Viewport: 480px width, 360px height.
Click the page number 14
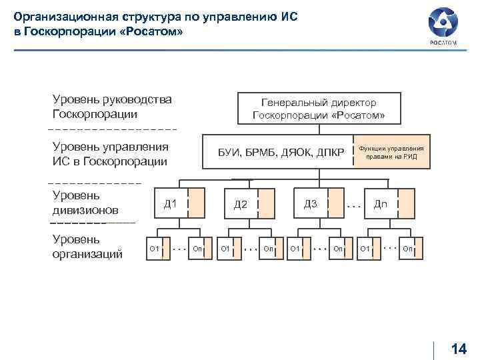pyautogui.click(x=459, y=349)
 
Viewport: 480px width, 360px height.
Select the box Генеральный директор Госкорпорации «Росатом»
pyautogui.click(x=319, y=109)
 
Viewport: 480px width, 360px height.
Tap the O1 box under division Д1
pyautogui.click(x=154, y=249)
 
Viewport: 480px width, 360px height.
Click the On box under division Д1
pyautogui.click(x=197, y=249)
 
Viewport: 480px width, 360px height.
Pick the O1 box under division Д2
pyautogui.click(x=225, y=249)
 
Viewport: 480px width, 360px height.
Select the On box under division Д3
pyautogui.click(x=338, y=249)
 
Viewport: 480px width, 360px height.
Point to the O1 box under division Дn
pyautogui.click(x=365, y=249)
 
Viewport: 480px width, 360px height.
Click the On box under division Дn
pyautogui.click(x=408, y=249)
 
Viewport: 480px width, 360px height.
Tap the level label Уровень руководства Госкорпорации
pyautogui.click(x=112, y=107)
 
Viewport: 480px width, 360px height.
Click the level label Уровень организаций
pyautogui.click(x=85, y=246)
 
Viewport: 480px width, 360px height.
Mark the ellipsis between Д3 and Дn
pyautogui.click(x=353, y=207)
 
